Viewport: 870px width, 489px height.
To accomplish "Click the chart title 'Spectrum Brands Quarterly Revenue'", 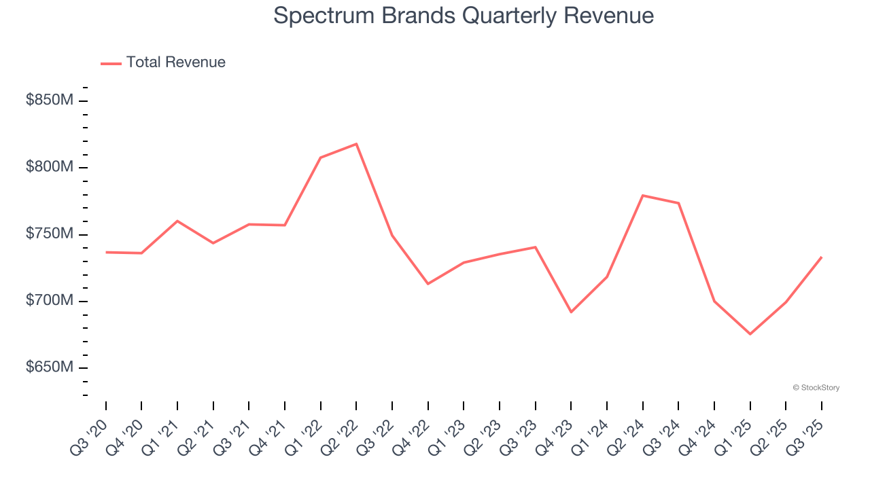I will point(464,16).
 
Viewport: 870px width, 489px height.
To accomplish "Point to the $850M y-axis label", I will point(49,101).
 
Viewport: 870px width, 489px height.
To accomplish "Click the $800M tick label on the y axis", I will point(49,167).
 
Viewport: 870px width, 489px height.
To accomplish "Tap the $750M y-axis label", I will point(49,234).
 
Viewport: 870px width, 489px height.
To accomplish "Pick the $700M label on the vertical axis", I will point(49,300).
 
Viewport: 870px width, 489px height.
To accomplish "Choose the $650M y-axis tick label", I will point(49,367).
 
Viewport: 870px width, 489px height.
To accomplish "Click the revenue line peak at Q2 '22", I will point(356,144).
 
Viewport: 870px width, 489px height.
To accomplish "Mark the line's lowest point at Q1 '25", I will point(750,334).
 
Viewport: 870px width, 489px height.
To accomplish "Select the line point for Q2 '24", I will point(642,196).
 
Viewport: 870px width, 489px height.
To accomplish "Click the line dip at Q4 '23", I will point(571,312).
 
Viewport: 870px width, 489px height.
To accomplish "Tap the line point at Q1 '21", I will point(177,221).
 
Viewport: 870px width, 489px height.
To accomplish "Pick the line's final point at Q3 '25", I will point(821,257).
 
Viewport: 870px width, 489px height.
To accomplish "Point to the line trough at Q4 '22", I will point(428,284).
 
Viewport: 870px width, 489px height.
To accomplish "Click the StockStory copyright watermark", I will point(816,388).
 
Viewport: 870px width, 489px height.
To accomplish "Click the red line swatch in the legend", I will point(111,63).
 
